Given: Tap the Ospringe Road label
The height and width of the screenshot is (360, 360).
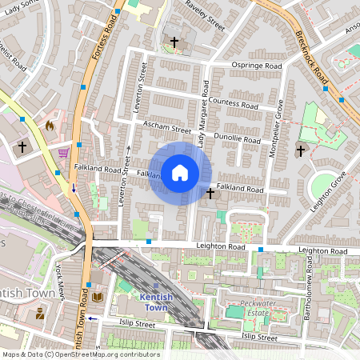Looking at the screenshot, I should pos(257,66).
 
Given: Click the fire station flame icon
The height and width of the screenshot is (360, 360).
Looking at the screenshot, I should pos(50,126).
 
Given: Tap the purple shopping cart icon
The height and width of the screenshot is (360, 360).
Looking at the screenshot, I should pos(62,151).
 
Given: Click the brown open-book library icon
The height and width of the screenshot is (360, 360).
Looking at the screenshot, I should pos(98,298).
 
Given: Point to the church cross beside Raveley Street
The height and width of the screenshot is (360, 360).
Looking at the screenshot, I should pos(174,41).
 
